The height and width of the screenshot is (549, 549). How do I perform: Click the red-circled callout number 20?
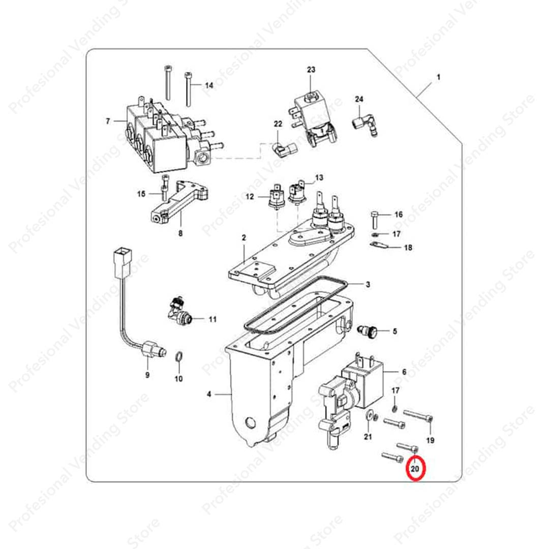pos(415,469)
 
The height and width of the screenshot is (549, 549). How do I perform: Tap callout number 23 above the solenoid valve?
pos(311,70)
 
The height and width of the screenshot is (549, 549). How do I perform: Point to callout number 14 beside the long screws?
pos(209,85)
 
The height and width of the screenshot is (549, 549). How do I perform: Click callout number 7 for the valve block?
pos(108,121)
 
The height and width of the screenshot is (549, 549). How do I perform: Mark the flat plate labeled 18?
pos(379,245)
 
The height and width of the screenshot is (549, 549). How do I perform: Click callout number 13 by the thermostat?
pos(319,178)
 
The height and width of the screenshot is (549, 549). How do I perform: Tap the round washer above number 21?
pos(369,416)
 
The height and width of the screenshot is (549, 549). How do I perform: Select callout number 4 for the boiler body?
pos(209,394)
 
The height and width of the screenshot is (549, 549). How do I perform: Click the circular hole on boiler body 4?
pos(251,423)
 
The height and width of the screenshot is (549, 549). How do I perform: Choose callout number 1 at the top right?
pos(438,77)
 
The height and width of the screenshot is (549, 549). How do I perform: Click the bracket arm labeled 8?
pos(180,202)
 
